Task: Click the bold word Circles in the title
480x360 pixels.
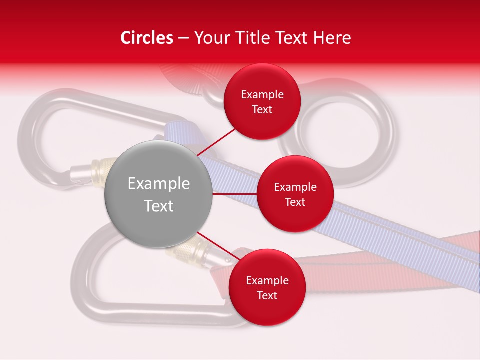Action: click(146, 38)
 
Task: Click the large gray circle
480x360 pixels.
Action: click(158, 194)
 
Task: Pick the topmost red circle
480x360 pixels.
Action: click(262, 101)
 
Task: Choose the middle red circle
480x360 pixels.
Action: click(295, 194)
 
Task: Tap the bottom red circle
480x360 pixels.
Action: click(266, 287)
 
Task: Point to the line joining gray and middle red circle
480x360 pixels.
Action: click(234, 194)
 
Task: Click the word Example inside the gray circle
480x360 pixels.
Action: click(158, 184)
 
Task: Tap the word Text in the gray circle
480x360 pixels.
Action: click(158, 206)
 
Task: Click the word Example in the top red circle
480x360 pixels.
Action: click(262, 95)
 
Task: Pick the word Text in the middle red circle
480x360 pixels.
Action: click(295, 202)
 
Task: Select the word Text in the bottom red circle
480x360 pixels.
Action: click(267, 295)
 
